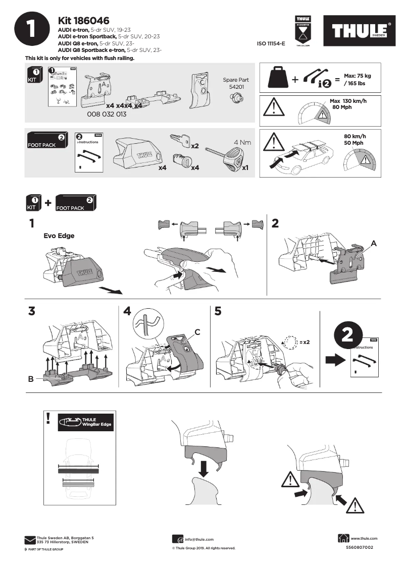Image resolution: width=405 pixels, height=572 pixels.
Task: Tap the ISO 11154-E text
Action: tap(271, 44)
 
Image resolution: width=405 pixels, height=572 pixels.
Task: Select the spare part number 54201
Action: tap(235, 87)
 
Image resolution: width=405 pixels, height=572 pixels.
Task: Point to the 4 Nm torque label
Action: tap(242, 142)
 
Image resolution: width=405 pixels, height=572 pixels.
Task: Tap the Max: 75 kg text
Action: tap(357, 75)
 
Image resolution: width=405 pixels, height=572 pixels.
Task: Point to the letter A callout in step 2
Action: tap(374, 243)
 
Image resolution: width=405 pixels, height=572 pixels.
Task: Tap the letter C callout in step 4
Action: tap(197, 332)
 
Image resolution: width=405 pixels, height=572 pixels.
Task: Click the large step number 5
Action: tap(218, 311)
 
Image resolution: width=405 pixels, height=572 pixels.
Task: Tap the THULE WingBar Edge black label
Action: tap(85, 423)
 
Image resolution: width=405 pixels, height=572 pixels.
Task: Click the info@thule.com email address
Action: tap(199, 539)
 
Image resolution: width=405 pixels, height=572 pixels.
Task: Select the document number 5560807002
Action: tap(360, 547)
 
